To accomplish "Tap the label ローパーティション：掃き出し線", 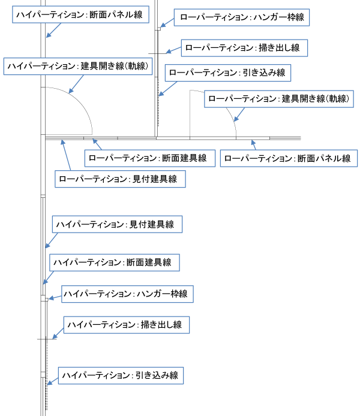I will [245, 47].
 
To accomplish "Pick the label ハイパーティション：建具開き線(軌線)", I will [78, 66].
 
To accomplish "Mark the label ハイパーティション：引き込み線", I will [121, 375].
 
